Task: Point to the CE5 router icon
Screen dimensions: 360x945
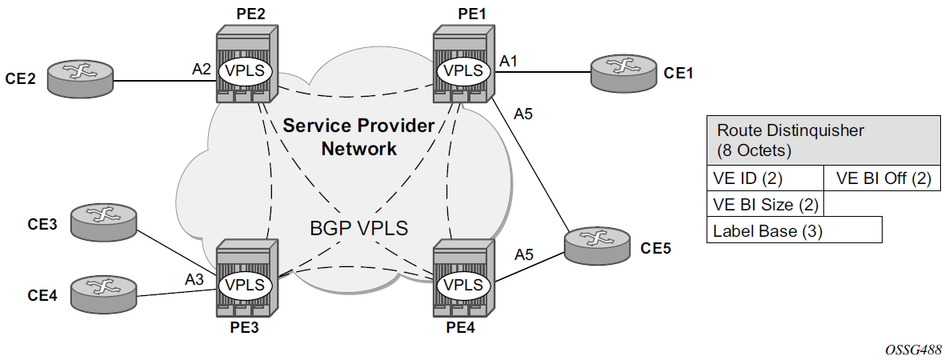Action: tap(595, 244)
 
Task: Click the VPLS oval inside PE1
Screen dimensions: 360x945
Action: tap(463, 70)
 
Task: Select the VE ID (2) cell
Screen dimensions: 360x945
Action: tap(765, 178)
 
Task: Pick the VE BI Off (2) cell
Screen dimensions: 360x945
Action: tap(883, 178)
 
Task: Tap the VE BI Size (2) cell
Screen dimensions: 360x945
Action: tap(765, 204)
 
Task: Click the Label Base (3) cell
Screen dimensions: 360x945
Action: tap(794, 230)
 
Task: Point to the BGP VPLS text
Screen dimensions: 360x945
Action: tap(358, 228)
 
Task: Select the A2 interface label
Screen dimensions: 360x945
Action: tap(201, 70)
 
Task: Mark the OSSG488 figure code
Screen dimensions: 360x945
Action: tap(913, 349)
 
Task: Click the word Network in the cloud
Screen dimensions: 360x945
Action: tap(358, 148)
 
